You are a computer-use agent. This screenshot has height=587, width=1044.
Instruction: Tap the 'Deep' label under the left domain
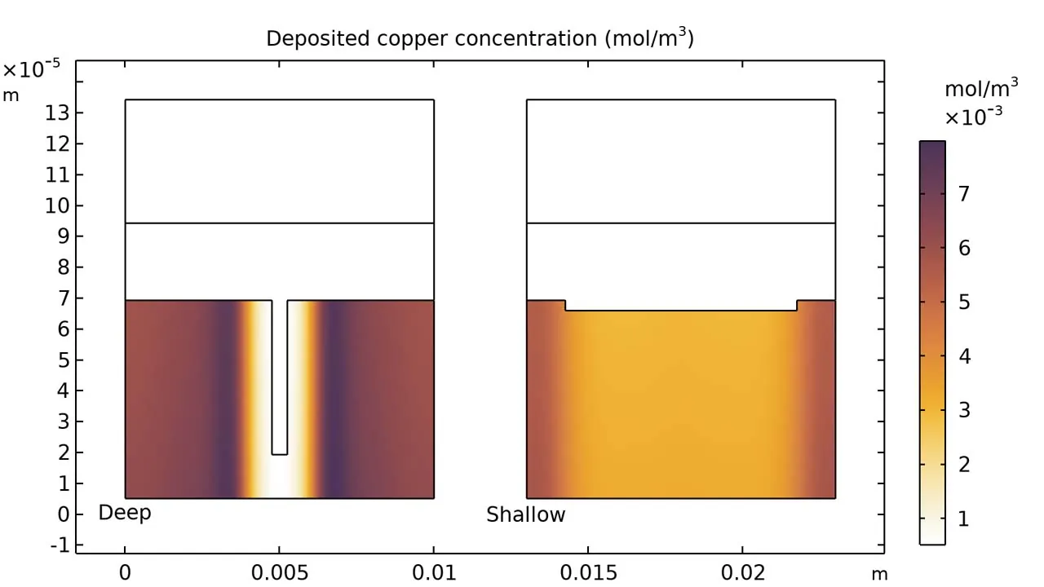coord(125,513)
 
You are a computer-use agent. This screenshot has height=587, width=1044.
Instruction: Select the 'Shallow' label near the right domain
coord(525,515)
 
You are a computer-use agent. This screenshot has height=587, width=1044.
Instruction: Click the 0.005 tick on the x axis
coord(279,573)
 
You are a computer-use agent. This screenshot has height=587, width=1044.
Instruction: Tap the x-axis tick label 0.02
coord(743,573)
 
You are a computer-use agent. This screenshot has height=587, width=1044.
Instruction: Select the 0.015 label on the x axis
coord(588,573)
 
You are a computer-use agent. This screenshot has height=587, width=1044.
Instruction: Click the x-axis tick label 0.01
coord(434,573)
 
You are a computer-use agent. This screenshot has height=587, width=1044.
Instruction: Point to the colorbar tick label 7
coord(964,194)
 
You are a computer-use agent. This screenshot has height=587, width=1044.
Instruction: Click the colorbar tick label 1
coord(964,519)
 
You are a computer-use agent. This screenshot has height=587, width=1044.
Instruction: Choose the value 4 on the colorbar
coord(964,356)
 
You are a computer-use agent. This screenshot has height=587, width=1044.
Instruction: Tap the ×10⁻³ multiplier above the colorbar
coord(973,117)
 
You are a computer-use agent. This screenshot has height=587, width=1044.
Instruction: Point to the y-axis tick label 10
coord(54,205)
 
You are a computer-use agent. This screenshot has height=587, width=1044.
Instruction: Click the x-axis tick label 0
coord(125,573)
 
